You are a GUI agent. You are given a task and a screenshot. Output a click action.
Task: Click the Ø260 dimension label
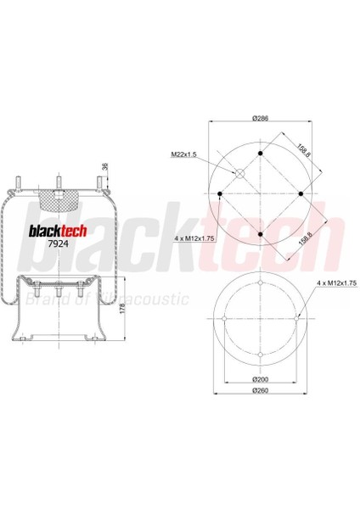tap(261, 393)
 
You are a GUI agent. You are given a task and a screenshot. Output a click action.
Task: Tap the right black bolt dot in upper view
tap(300, 194)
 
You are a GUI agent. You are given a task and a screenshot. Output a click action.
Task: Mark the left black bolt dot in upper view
tap(221, 194)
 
